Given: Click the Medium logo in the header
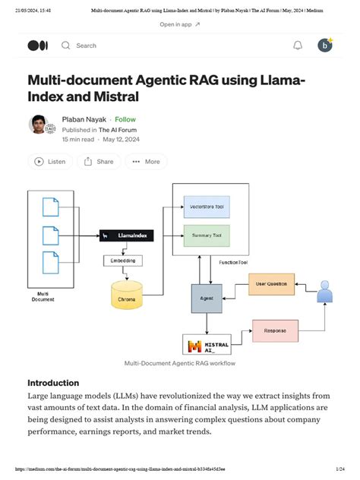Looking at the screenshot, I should tap(37, 46).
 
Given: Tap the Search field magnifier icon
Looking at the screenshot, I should tap(65, 46).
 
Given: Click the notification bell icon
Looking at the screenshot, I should tap(298, 46).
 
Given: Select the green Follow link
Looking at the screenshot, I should tap(125, 119).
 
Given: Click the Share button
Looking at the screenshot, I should tap(99, 161).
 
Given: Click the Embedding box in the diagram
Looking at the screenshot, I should tap(122, 261).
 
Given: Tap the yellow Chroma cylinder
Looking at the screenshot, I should tap(126, 296).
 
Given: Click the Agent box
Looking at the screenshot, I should tap(206, 298).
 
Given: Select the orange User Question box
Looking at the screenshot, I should tap(270, 285).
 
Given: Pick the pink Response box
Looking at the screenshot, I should tap(274, 332).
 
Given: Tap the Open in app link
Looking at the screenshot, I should tap(179, 24).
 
